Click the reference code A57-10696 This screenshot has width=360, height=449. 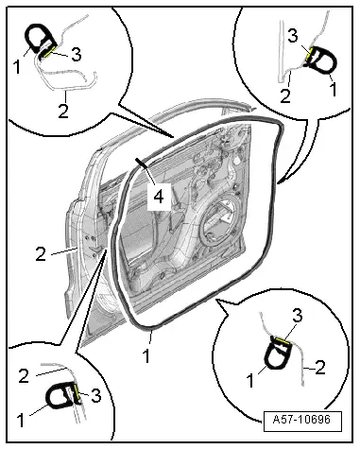301,420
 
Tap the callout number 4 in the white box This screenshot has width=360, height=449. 159,197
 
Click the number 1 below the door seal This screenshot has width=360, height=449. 146,355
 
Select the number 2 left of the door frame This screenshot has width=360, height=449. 41,254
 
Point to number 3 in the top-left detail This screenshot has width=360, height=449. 77,54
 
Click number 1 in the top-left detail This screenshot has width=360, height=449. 17,67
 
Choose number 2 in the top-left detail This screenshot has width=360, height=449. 63,111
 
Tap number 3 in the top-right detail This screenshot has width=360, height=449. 293,36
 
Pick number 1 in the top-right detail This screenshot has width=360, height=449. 333,89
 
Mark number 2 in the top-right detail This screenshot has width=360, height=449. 285,95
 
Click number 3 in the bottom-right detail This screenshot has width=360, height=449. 298,316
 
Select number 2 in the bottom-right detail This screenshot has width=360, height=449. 320,368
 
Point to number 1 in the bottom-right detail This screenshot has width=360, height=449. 250,381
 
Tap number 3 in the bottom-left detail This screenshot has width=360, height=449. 96,395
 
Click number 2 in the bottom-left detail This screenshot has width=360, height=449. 24,375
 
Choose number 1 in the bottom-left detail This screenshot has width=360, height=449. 21,420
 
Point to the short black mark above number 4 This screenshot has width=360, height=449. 143,164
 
